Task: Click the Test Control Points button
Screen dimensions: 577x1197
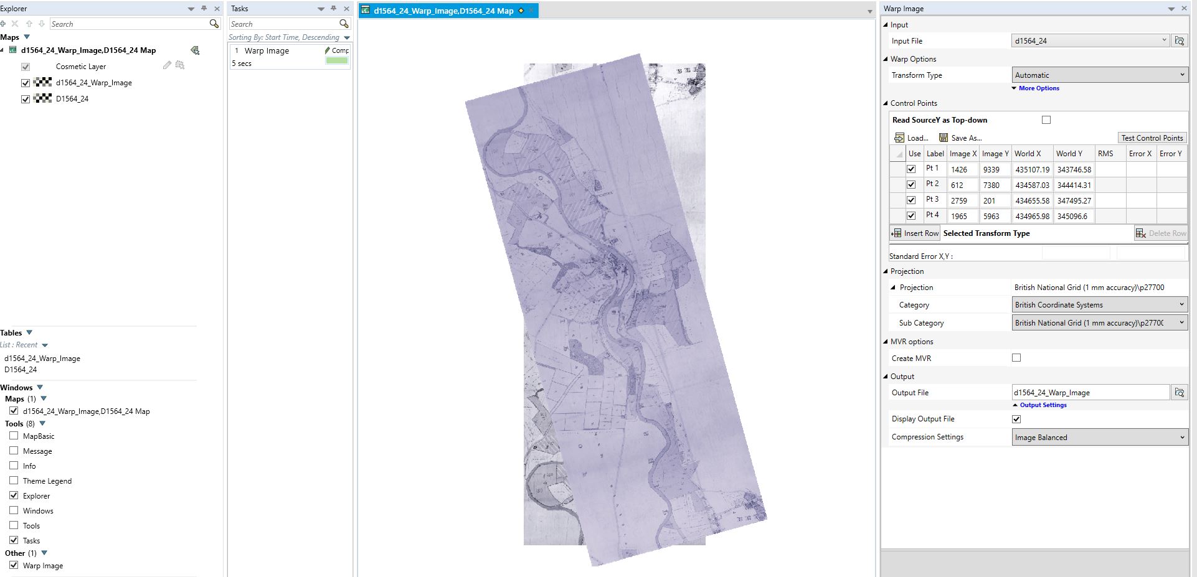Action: [x=1152, y=138]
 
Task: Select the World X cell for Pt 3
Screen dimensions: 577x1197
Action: [x=1031, y=200]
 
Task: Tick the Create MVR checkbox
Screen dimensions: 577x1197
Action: [x=1016, y=358]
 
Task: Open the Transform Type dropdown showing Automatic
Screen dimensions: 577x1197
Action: [x=1099, y=75]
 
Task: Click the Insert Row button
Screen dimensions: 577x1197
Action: [x=915, y=233]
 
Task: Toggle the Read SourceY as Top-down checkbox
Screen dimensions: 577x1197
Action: [x=1046, y=120]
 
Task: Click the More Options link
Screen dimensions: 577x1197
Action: [x=1038, y=88]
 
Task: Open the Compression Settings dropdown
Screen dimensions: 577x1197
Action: [x=1099, y=438]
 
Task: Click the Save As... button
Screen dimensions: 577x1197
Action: [x=960, y=138]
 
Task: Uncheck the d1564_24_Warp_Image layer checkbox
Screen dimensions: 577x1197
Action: [x=26, y=83]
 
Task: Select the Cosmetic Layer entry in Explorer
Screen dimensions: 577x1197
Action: [x=81, y=67]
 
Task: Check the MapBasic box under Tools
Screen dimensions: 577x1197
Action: [x=14, y=436]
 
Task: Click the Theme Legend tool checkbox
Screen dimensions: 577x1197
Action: [x=14, y=481]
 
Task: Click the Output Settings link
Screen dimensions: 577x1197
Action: [x=1043, y=405]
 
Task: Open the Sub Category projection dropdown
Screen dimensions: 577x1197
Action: [x=1099, y=323]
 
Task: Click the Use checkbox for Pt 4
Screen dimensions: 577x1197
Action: [x=911, y=216]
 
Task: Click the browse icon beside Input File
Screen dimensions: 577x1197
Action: [x=1179, y=41]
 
